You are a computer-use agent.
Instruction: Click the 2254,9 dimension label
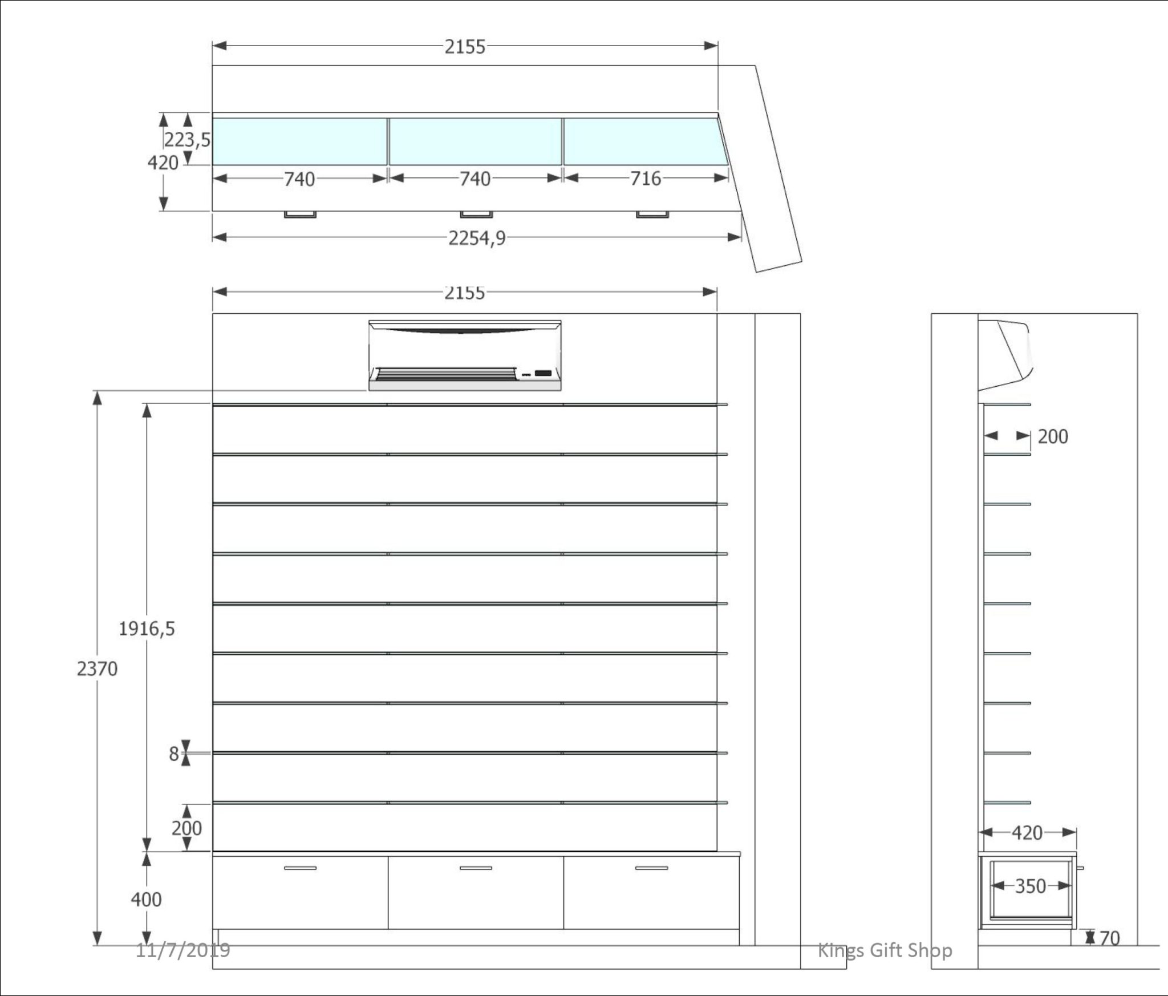tap(477, 238)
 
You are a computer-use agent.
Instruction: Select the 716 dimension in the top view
tap(646, 179)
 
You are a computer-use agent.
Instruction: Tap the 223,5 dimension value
tap(188, 140)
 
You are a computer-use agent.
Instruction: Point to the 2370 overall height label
tap(97, 668)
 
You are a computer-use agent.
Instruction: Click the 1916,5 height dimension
tap(147, 629)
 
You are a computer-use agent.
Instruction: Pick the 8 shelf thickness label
tap(174, 754)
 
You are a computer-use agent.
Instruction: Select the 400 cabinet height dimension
tap(146, 900)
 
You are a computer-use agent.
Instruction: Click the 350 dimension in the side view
tap(1031, 886)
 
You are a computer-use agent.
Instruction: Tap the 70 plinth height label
tap(1109, 938)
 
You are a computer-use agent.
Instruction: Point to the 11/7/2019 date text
tap(182, 950)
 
